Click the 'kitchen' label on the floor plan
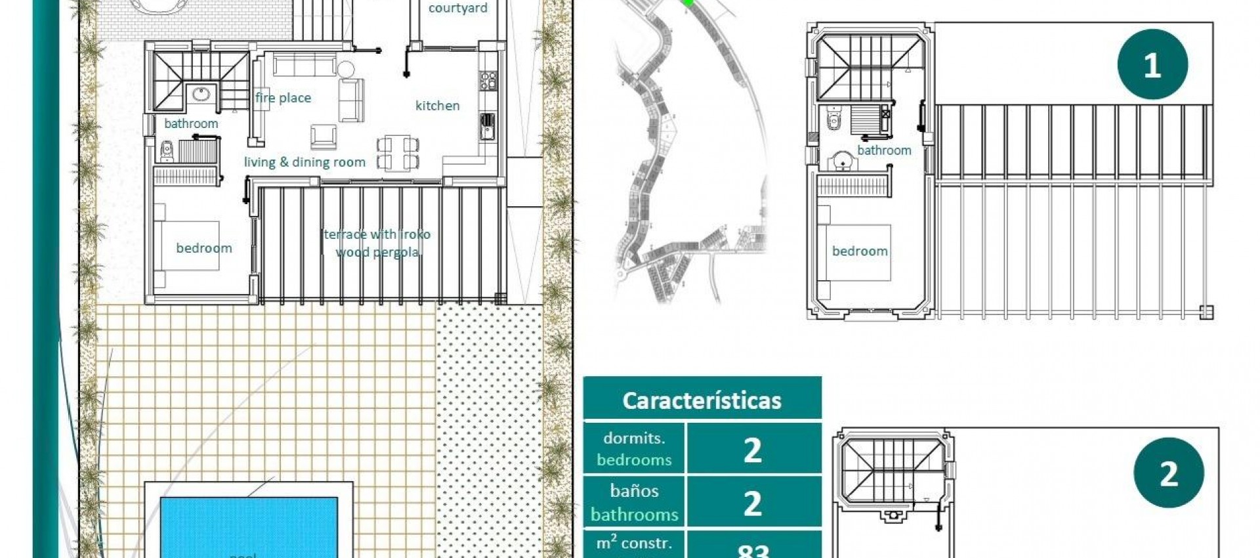click(x=437, y=106)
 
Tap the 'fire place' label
click(x=283, y=98)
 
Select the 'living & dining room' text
click(x=304, y=162)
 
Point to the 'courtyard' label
click(x=457, y=9)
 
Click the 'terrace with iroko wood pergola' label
click(x=377, y=243)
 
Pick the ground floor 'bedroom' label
click(x=203, y=248)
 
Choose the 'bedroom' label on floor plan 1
click(x=860, y=251)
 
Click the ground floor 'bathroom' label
click(x=191, y=123)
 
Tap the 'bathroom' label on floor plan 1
click(x=884, y=150)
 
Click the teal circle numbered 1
click(x=1152, y=64)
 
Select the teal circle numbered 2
click(x=1169, y=473)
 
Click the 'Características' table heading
click(x=702, y=400)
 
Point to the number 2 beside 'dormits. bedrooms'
click(x=753, y=450)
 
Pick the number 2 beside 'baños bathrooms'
click(x=753, y=503)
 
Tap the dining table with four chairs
click(x=397, y=153)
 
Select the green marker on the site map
click(x=687, y=3)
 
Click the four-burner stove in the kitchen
click(x=488, y=81)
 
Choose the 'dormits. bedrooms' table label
click(x=634, y=449)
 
